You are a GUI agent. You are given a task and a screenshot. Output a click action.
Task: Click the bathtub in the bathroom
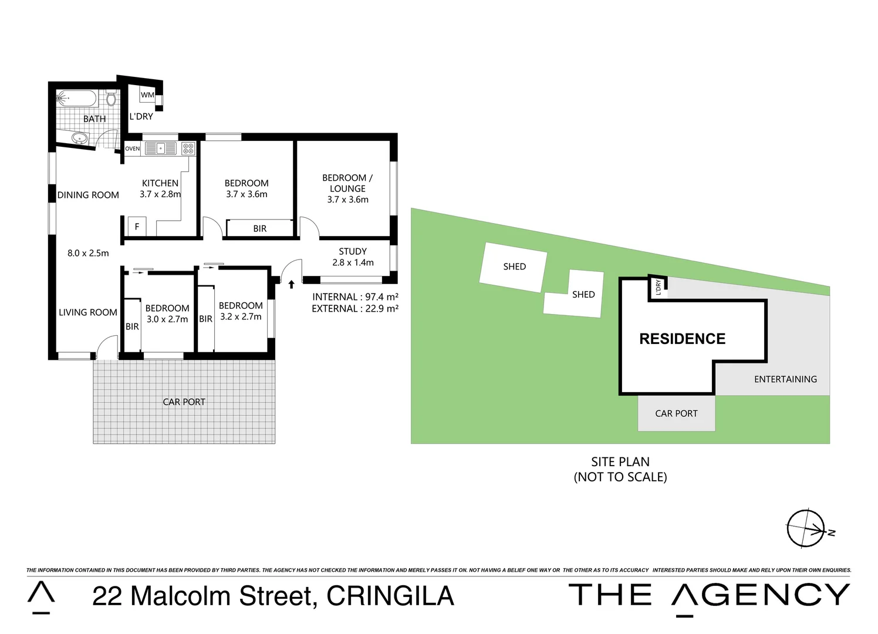pyautogui.click(x=76, y=99)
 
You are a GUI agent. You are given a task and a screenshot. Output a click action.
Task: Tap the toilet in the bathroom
pyautogui.click(x=110, y=98)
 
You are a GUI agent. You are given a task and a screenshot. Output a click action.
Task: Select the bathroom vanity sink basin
pyautogui.click(x=79, y=139)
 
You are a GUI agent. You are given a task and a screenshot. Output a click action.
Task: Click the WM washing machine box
pyautogui.click(x=147, y=95)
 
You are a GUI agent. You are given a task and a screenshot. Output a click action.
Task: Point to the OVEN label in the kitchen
pyautogui.click(x=133, y=149)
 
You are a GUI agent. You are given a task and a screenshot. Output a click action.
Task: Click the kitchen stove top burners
pyautogui.click(x=188, y=149)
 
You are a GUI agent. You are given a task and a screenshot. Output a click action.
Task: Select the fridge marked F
pyautogui.click(x=137, y=226)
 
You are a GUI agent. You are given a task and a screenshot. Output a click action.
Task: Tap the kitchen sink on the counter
pyautogui.click(x=160, y=149)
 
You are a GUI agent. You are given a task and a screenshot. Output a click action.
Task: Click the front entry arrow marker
pyautogui.click(x=291, y=285)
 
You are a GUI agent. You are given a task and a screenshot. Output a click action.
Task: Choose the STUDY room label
pyautogui.click(x=352, y=251)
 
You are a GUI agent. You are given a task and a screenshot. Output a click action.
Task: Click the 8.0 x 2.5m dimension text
pyautogui.click(x=88, y=253)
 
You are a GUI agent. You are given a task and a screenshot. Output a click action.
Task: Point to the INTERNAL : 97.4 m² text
pyautogui.click(x=355, y=297)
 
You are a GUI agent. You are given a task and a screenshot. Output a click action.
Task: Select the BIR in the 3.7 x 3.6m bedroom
pyautogui.click(x=259, y=228)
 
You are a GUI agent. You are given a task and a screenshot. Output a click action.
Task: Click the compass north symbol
pyautogui.click(x=806, y=528)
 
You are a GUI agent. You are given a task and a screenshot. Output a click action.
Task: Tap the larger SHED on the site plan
pyautogui.click(x=514, y=267)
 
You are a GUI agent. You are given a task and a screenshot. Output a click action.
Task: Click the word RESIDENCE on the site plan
pyautogui.click(x=682, y=339)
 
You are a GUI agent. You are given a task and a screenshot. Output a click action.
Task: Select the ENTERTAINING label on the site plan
pyautogui.click(x=785, y=379)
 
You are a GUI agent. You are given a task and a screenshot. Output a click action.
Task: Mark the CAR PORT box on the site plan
pyautogui.click(x=676, y=413)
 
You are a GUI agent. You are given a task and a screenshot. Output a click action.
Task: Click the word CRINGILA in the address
pyautogui.click(x=390, y=596)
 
